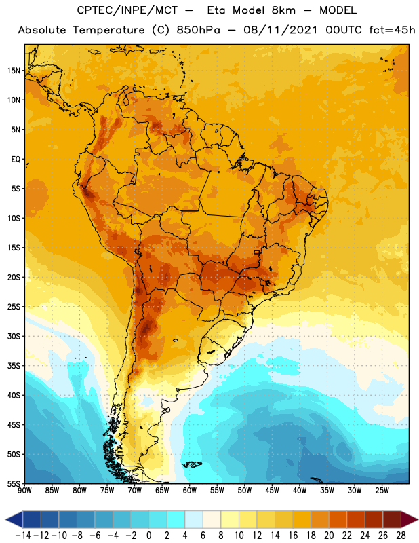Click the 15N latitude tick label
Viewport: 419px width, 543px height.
click(13, 71)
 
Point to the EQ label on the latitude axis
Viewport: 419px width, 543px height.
click(16, 160)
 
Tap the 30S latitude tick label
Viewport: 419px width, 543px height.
click(14, 336)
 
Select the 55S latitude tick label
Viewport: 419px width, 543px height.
click(14, 484)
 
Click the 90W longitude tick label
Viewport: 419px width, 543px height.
click(24, 490)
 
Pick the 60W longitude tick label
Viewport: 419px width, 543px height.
click(190, 490)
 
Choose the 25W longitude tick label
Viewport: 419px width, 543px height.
click(382, 490)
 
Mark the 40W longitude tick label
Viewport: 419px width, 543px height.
click(300, 490)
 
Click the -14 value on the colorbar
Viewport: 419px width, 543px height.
click(23, 536)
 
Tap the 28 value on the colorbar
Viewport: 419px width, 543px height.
click(401, 536)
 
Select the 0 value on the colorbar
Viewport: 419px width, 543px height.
click(149, 536)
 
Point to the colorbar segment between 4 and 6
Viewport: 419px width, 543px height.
click(194, 519)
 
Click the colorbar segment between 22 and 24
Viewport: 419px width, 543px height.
click(356, 519)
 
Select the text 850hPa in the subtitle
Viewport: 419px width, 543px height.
click(198, 30)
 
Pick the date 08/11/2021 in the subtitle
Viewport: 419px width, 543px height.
click(280, 30)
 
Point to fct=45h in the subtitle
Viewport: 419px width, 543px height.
click(392, 30)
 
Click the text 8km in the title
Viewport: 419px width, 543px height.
click(283, 11)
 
